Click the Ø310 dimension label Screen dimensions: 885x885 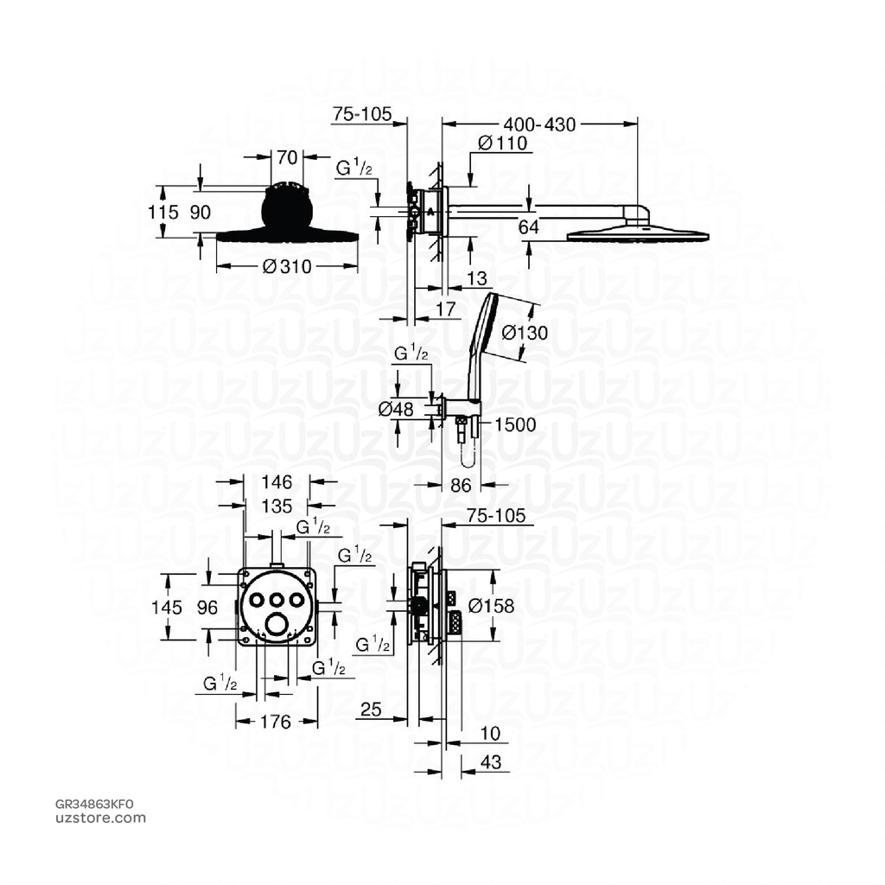(287, 266)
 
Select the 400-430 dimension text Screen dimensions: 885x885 (543, 124)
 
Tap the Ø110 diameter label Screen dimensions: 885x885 (503, 144)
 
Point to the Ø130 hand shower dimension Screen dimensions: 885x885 (525, 332)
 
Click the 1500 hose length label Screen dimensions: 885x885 (517, 424)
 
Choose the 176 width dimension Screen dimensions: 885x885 (276, 722)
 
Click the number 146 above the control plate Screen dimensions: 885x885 (277, 482)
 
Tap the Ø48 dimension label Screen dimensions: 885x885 (398, 409)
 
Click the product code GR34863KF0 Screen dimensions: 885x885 (95, 804)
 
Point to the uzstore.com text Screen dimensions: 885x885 (100, 818)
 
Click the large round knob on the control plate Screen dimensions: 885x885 (277, 625)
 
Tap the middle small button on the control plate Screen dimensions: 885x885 (277, 599)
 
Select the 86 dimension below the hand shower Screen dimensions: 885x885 (462, 486)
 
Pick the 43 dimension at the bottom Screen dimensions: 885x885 (489, 763)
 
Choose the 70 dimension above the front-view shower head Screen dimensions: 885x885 (288, 157)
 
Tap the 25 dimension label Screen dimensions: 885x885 (371, 710)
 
